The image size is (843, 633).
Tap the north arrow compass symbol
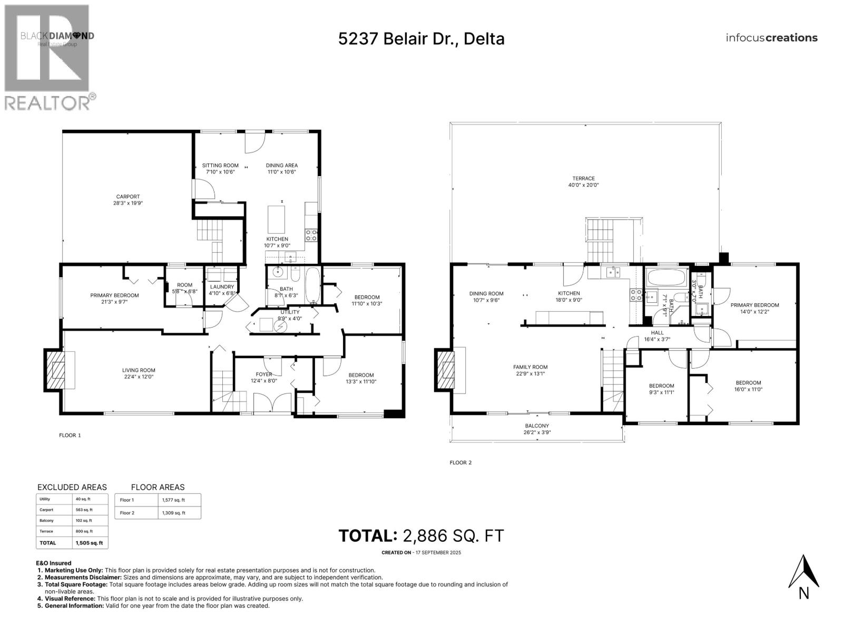pyautogui.click(x=803, y=572)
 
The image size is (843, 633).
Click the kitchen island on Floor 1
pyautogui.click(x=277, y=219)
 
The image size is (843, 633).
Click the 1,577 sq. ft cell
pyautogui.click(x=174, y=500)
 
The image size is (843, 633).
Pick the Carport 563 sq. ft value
pyautogui.click(x=84, y=510)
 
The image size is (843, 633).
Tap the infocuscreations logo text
pyautogui.click(x=771, y=38)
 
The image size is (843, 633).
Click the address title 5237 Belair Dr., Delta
pyautogui.click(x=421, y=39)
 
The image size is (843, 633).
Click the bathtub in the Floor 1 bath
pyautogui.click(x=312, y=285)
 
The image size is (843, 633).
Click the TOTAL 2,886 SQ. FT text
pyautogui.click(x=421, y=536)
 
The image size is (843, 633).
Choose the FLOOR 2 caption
pyautogui.click(x=460, y=463)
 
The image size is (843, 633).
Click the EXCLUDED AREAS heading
pyautogui.click(x=72, y=487)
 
